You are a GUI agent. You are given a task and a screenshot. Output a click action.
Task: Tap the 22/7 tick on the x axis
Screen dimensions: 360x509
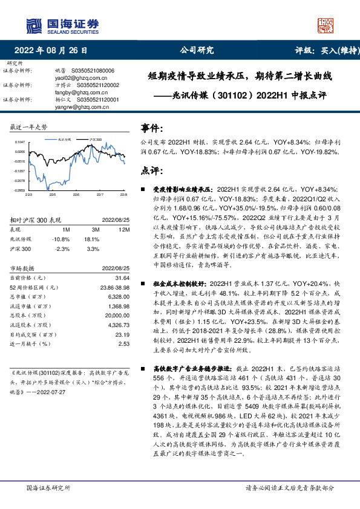pos(100,195)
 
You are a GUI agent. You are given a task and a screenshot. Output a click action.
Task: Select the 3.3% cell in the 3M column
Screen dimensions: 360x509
pos(93,248)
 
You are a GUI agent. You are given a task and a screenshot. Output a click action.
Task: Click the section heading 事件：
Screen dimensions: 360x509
pos(153,129)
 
